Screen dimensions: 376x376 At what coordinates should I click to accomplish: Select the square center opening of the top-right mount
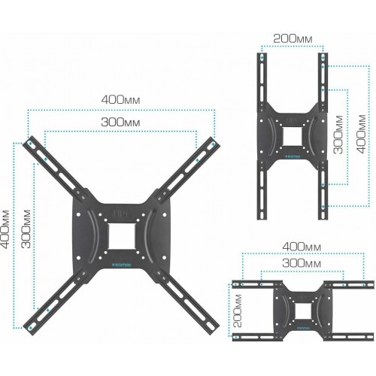(292, 138)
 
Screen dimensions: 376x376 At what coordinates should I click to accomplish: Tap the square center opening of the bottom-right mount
(303, 308)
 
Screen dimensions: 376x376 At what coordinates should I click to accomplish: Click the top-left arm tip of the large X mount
(29, 141)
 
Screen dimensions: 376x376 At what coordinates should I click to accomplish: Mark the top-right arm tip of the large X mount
(214, 141)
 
